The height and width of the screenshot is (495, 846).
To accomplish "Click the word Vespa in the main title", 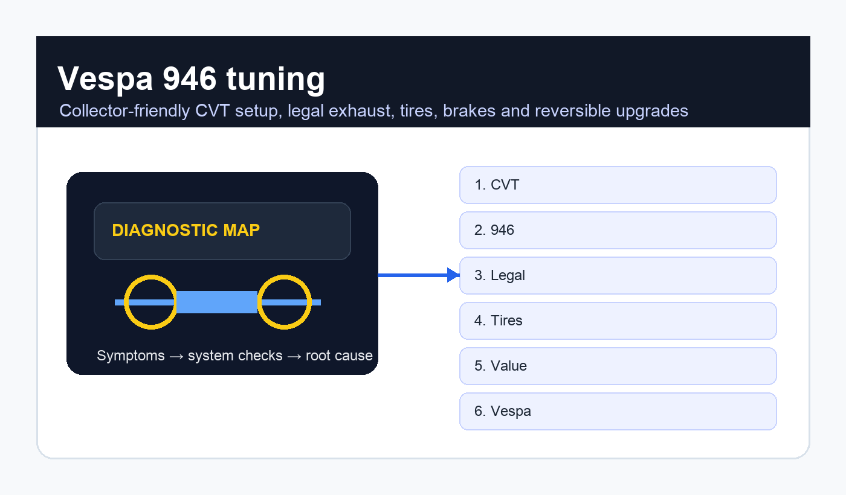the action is (105, 78).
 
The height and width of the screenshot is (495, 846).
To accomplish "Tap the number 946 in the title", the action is (190, 78).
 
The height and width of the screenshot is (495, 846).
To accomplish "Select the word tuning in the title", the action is (276, 80).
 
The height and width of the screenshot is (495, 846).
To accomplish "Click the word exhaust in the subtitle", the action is (361, 111).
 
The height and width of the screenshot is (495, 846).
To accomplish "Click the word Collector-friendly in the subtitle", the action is (124, 111).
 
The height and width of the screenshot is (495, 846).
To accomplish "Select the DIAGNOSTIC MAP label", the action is (186, 230).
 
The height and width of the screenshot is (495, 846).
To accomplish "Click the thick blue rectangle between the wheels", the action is (217, 302).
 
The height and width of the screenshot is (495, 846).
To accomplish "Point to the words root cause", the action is (339, 356).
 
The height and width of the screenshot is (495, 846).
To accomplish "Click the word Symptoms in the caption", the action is (131, 356).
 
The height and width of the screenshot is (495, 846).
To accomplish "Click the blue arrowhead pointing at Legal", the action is (453, 275).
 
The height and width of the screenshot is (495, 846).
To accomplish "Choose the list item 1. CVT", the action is (618, 185).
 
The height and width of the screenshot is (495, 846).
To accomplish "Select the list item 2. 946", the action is (618, 230).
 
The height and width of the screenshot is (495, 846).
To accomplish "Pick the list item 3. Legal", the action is (618, 275).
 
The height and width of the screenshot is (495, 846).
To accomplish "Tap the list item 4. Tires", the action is (618, 321).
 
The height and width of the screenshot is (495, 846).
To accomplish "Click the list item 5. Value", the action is (618, 366).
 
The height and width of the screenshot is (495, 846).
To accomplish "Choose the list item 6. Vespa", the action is (618, 411).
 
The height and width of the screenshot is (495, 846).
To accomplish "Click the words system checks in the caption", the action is (235, 356).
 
